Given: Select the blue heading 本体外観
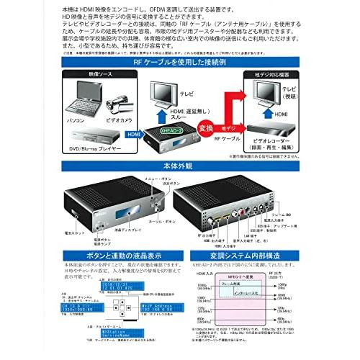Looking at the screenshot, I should [x=179, y=166].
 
